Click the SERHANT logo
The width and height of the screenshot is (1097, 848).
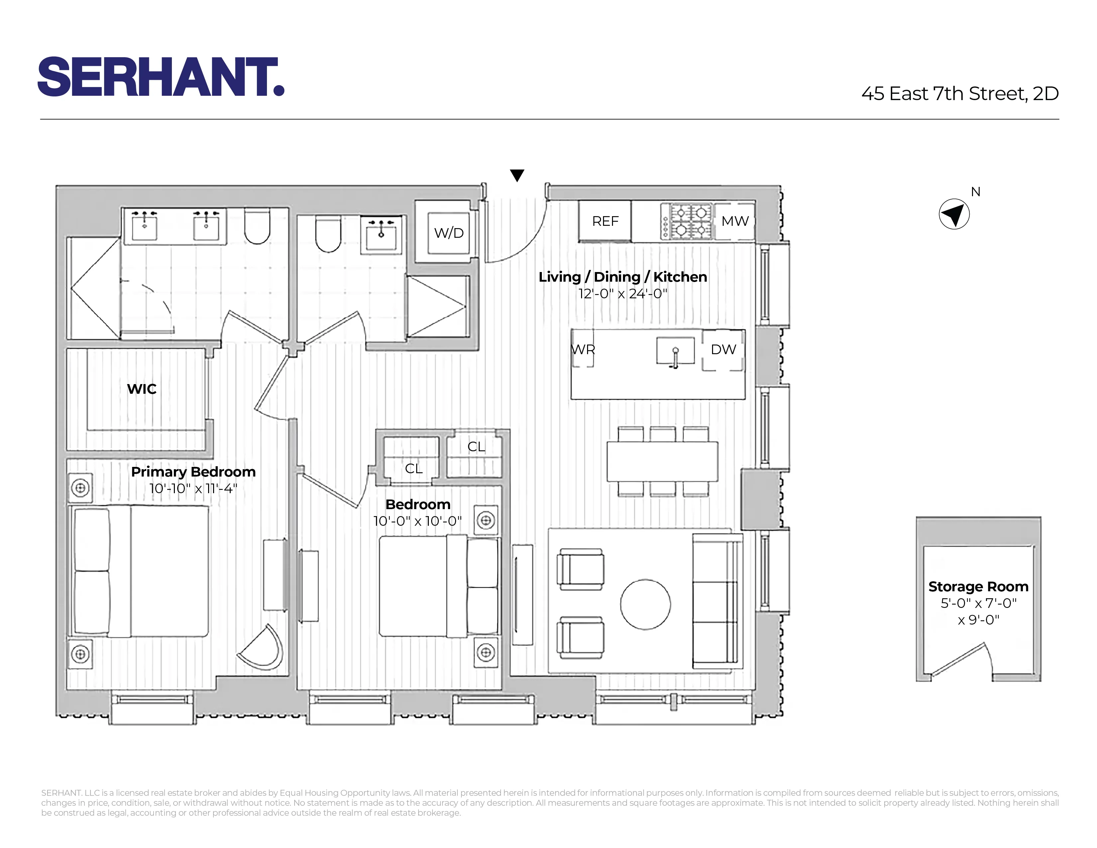tap(161, 76)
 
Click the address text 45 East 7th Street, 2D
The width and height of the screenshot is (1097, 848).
tap(960, 94)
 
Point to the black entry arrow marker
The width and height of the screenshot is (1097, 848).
tap(517, 175)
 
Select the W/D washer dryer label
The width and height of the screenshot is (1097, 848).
tap(448, 233)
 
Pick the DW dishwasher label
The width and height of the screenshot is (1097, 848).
tap(723, 350)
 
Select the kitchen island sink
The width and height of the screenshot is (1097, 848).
tap(675, 351)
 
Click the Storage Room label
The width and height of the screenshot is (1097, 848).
tap(978, 587)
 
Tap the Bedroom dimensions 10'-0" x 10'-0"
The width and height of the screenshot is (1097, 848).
tap(418, 521)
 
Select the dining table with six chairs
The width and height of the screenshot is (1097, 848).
tap(662, 461)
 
